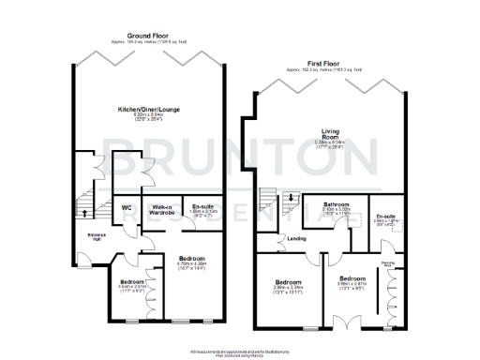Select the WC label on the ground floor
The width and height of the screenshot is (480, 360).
click(x=126, y=208)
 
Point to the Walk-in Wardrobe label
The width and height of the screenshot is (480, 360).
click(x=159, y=210)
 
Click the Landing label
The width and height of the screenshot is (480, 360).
click(x=297, y=237)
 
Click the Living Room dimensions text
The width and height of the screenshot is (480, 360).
click(x=330, y=144)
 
